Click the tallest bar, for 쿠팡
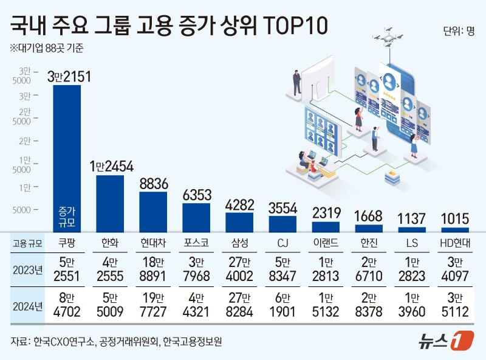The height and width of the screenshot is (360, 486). pyautogui.click(x=67, y=158)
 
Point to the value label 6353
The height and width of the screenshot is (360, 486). pyautogui.click(x=197, y=195)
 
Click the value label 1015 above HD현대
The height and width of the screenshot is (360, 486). pyautogui.click(x=455, y=219)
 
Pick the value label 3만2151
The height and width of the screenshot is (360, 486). pyautogui.click(x=69, y=77)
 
